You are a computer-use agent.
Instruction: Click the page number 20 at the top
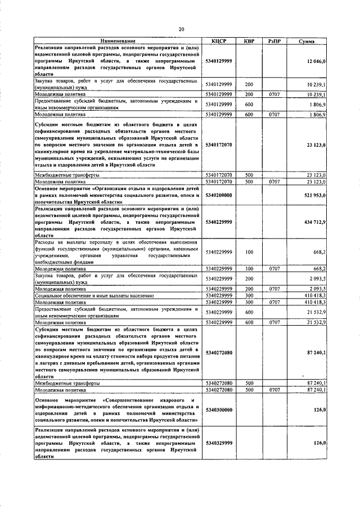click(x=181, y=29)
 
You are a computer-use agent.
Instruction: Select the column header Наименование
click(x=118, y=41)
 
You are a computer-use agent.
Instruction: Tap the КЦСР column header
click(x=219, y=41)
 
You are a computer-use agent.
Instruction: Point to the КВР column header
click(x=249, y=41)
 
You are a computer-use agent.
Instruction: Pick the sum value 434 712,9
click(x=314, y=223)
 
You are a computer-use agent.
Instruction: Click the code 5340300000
click(x=219, y=410)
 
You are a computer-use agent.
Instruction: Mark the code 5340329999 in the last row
click(x=219, y=443)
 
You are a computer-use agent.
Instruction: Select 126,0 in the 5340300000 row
click(x=320, y=410)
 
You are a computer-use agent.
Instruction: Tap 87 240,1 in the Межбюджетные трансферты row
click(x=316, y=382)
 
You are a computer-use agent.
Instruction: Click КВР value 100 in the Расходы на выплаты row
click(x=249, y=252)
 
